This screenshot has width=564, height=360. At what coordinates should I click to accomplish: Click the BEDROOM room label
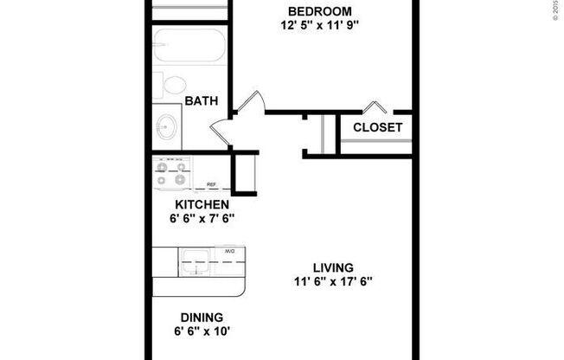[320, 10]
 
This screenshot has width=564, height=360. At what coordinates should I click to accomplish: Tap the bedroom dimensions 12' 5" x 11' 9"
[320, 25]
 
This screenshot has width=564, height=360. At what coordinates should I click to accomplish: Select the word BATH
[201, 101]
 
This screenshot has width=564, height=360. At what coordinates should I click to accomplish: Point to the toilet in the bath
[172, 85]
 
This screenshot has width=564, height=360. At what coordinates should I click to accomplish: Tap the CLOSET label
[377, 127]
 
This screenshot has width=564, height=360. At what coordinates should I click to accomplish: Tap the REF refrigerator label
[211, 184]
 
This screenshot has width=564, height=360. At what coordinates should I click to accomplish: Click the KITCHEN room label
[202, 204]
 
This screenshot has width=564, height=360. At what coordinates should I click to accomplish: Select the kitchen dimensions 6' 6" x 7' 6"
[202, 218]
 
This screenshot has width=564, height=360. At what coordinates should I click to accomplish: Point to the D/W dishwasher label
[230, 252]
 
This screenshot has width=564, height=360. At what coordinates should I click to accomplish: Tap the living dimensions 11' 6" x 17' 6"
[333, 281]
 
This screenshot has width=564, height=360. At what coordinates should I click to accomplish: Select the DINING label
[202, 317]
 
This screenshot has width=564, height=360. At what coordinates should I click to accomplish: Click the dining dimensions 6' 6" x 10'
[202, 331]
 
